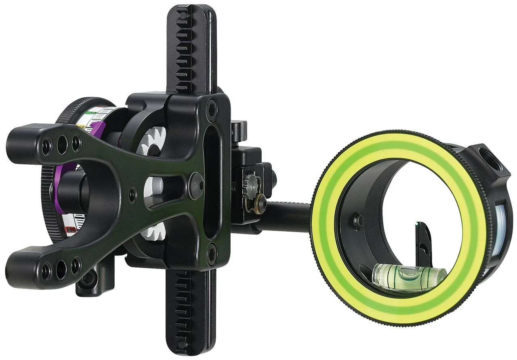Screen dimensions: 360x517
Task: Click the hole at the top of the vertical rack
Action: point(184,15)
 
